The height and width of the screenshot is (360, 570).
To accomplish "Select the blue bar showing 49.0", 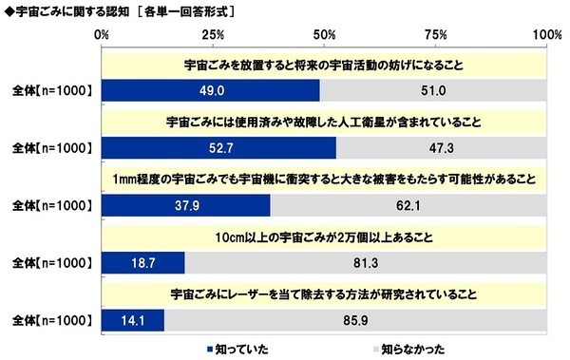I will click(x=209, y=91).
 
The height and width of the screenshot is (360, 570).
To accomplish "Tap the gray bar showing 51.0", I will click(x=434, y=91).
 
